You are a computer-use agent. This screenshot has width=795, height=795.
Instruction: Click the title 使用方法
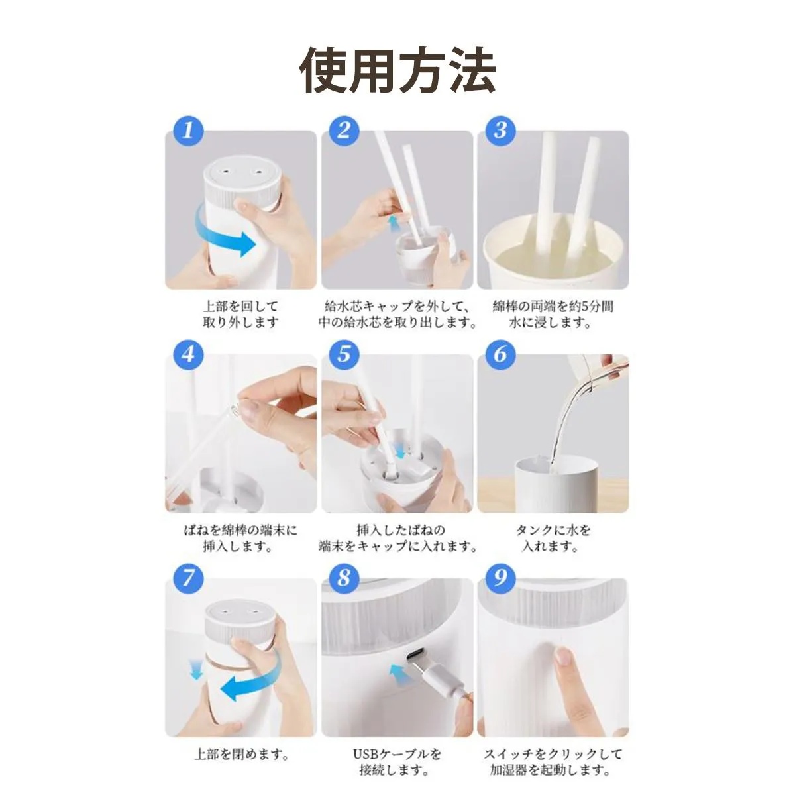point(397,70)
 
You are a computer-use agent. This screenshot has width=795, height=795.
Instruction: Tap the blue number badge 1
point(188,130)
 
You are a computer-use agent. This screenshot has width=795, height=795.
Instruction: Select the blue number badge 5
point(344,354)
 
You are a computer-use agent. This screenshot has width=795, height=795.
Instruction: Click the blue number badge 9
point(500,578)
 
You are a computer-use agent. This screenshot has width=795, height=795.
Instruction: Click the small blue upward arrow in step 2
point(395,223)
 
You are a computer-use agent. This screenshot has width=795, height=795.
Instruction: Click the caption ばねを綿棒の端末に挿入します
point(241,539)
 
